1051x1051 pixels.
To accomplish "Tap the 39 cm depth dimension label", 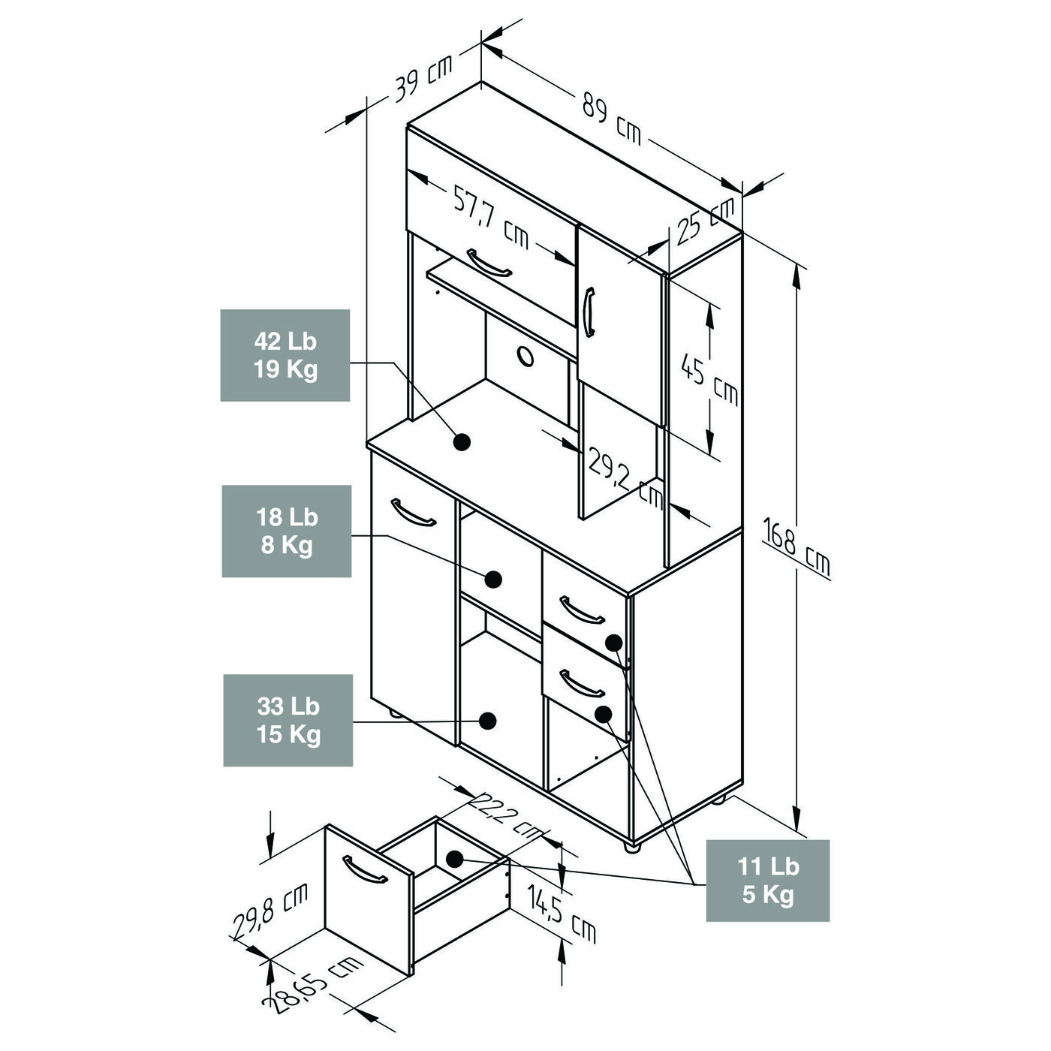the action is pos(423,78).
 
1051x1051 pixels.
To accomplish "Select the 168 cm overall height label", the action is pos(797,547).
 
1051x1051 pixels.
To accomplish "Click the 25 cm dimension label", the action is pos(706,221).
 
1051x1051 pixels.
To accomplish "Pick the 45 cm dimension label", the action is pos(709,378).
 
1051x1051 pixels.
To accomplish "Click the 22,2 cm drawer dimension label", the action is pos(505,818).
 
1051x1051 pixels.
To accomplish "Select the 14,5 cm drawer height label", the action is pos(562,912).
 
